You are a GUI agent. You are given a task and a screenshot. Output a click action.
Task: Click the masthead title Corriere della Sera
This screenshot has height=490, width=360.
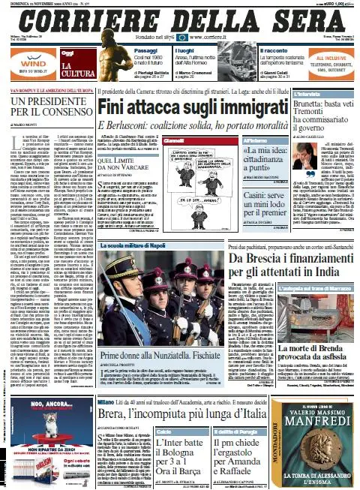[179, 18]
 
